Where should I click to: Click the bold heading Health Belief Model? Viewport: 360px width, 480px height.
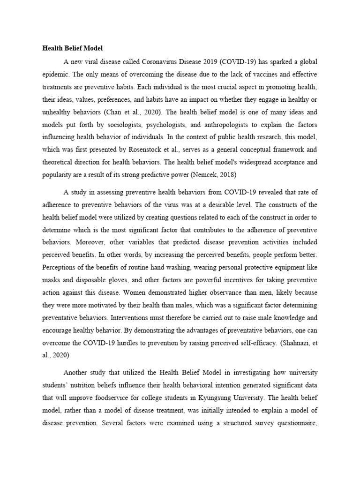(x=73, y=48)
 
